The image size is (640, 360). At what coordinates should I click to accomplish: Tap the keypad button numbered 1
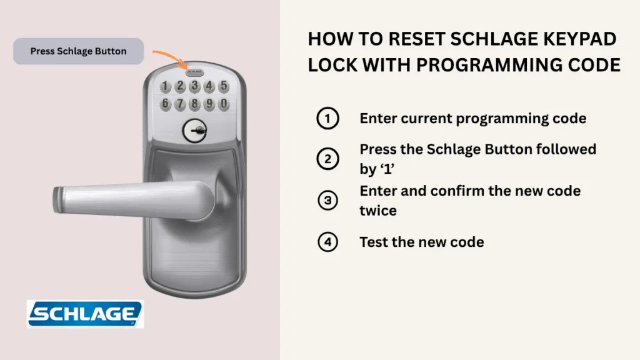click(165, 86)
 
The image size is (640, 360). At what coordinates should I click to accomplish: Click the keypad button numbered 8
click(195, 104)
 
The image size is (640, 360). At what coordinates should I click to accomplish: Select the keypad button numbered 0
click(224, 104)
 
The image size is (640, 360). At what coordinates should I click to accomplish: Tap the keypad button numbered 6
click(165, 104)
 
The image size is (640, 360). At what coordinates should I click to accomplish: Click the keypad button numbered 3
click(195, 86)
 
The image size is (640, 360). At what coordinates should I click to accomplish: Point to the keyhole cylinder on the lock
click(194, 131)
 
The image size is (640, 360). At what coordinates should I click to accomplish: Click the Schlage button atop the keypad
click(195, 72)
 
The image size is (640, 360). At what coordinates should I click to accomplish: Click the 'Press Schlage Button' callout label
click(78, 51)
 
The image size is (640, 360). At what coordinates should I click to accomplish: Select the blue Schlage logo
click(85, 314)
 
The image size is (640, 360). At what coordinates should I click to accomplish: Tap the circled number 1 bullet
click(327, 118)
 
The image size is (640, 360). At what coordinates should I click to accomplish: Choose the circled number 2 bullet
click(327, 159)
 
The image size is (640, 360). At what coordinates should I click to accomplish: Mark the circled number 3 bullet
click(327, 201)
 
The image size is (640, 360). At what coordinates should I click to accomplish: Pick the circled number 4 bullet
click(327, 242)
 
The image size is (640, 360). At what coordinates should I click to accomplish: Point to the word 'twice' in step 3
click(378, 211)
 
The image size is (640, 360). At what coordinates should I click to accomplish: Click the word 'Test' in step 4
click(374, 242)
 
